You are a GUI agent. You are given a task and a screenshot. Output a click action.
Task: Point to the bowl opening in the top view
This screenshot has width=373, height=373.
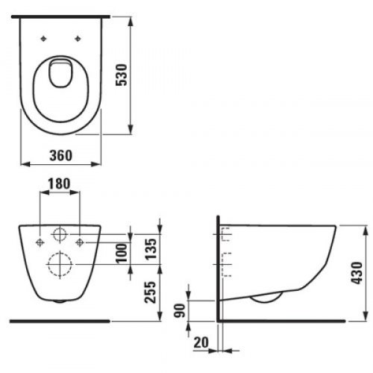coord(61,74)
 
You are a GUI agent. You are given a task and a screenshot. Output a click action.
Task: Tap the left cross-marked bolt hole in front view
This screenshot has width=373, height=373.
coord(40,241)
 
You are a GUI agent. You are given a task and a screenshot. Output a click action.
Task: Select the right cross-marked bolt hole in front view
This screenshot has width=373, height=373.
coord(81,241)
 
